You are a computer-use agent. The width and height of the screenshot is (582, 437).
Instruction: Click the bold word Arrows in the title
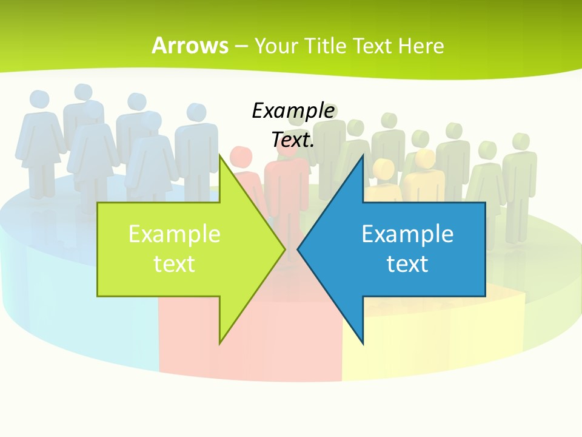(190, 46)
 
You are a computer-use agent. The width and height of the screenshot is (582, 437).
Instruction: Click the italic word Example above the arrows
(293, 111)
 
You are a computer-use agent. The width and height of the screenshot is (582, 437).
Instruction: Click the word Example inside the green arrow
(175, 234)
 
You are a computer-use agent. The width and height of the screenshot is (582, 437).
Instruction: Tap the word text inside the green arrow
(175, 264)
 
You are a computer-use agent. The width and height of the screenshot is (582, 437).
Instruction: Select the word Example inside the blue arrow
(407, 234)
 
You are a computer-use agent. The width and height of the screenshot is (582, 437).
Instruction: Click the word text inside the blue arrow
(407, 264)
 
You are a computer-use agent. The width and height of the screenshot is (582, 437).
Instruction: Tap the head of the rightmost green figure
(520, 141)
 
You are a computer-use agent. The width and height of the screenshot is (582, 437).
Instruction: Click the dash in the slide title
(241, 46)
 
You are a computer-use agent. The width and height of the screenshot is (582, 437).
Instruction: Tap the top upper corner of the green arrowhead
(219, 155)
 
